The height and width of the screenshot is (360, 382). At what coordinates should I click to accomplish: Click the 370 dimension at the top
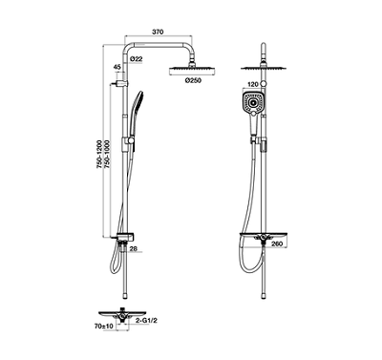tap(158, 32)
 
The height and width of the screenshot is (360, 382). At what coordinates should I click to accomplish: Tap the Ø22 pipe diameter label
tap(137, 59)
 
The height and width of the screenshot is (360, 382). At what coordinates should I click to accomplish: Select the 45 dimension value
tap(117, 67)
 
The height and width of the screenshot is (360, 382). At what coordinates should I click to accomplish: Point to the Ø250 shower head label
tap(193, 80)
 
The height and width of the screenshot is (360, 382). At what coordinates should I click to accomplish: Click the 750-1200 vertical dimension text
tap(99, 154)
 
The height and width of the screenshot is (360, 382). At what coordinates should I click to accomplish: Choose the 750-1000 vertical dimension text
tap(106, 154)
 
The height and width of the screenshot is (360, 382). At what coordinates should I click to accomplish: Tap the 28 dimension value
tap(134, 248)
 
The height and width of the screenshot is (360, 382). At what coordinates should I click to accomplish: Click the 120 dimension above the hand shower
tap(252, 84)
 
